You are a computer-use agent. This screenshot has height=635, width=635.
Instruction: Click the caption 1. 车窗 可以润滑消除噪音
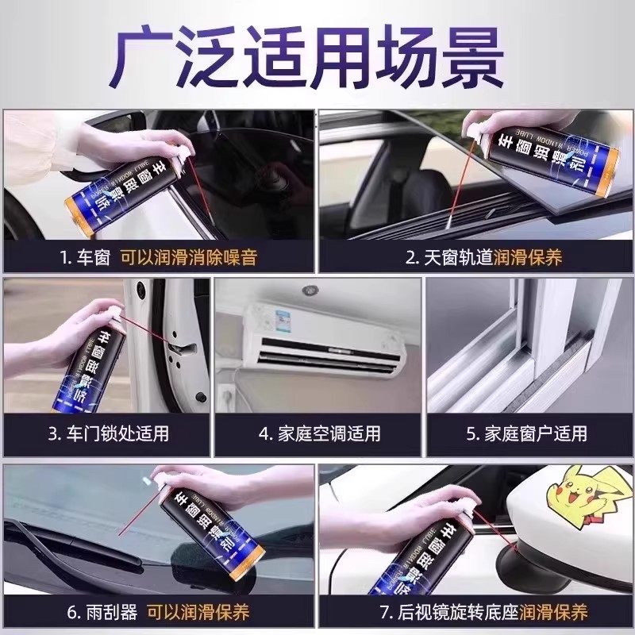tap(159, 257)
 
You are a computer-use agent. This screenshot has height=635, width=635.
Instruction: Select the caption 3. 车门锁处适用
tap(108, 434)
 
